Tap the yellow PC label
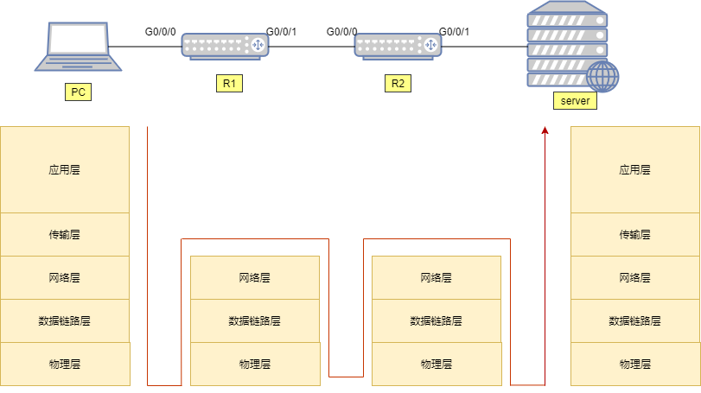pos(78,92)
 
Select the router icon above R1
pos(225,45)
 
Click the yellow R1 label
pos(229,84)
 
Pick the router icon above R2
pos(398,45)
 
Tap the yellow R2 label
pos(398,84)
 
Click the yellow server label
pos(575,101)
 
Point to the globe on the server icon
pos(602,76)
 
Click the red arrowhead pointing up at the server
pos(545,130)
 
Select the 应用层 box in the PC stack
pos(65,169)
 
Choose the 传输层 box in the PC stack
pos(65,234)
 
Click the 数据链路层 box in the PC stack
pos(65,320)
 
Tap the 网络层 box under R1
pos(255,277)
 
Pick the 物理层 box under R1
pos(255,364)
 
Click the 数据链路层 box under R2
pos(437,320)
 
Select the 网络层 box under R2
pos(437,277)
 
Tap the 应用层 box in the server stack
pos(635,169)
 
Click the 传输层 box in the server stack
pos(635,234)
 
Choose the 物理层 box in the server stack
pos(635,364)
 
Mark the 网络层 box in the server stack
pos(635,277)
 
